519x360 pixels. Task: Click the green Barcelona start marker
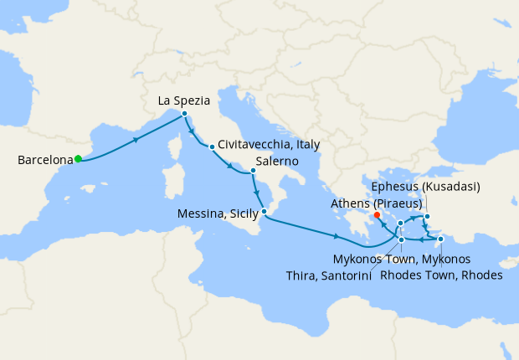(78, 158)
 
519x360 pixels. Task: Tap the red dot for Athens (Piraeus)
(377, 213)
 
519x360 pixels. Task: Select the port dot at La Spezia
(183, 114)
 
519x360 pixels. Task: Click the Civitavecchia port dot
(212, 147)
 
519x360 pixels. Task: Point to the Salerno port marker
(253, 171)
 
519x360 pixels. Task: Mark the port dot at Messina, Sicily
(265, 212)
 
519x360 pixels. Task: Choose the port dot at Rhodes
(440, 239)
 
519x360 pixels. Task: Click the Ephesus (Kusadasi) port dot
(427, 218)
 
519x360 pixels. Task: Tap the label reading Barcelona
(44, 159)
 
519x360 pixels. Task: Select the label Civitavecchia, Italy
(269, 145)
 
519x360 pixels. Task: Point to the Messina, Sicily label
(218, 213)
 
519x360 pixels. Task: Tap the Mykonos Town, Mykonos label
(402, 259)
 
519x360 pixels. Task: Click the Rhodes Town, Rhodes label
(441, 275)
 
